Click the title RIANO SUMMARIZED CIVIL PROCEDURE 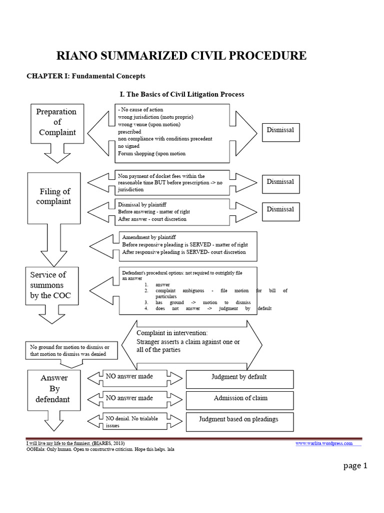click(180, 56)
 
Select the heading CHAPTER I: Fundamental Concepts click(85, 76)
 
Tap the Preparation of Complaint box click(57, 122)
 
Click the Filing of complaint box click(55, 197)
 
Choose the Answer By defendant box click(55, 389)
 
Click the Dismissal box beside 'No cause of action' click(280, 130)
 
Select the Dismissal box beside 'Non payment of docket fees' click(280, 182)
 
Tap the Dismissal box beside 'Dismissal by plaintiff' click(280, 209)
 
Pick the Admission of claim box click(239, 399)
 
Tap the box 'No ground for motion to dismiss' click(72, 351)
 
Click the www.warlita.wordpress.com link click(323, 443)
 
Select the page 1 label click(355, 466)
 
